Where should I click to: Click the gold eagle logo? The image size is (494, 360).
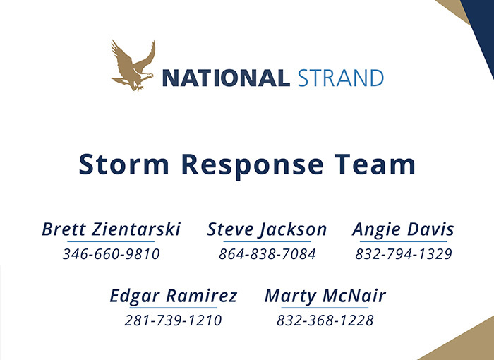133,65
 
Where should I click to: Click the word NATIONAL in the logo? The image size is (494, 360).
226,78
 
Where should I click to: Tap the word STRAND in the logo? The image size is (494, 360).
341,78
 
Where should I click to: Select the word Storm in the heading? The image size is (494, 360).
123,164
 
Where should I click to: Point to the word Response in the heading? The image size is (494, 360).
253,166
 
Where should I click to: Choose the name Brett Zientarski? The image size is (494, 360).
111,229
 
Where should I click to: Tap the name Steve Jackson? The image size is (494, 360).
267,230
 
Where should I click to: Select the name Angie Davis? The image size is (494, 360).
403,230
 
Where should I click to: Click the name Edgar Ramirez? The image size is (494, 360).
174,296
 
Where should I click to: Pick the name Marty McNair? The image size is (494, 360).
325,296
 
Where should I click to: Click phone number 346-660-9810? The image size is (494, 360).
112,254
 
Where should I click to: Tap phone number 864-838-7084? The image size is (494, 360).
267,254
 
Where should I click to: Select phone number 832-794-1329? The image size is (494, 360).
404,254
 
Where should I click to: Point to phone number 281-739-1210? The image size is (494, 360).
174,320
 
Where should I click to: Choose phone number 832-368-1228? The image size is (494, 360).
325,320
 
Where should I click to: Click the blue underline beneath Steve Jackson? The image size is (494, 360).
267,242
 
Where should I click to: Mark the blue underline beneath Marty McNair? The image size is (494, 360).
325,308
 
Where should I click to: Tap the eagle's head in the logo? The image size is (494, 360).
147,76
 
